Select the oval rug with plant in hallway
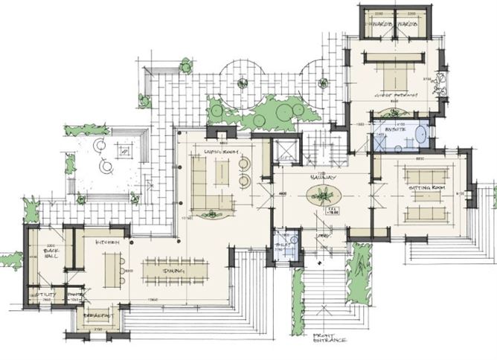(x=323, y=196)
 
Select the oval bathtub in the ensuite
(x=420, y=135)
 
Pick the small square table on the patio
(x=124, y=151)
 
